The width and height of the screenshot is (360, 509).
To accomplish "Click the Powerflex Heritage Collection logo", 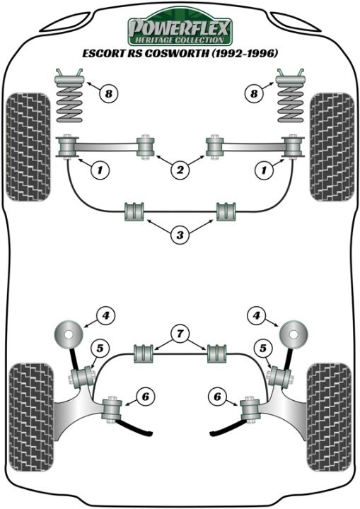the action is pos(180,28).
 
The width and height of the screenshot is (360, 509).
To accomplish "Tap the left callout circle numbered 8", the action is pos(108,94).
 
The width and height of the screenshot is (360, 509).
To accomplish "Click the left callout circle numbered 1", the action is pos(100,170).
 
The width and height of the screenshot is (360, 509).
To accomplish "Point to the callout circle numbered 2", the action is pos(180,170).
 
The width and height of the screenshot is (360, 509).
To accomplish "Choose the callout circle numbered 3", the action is pos(180,235).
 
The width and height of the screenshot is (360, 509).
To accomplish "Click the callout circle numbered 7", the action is pos(180,334).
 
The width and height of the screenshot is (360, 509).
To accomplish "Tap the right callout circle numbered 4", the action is pos(257,315).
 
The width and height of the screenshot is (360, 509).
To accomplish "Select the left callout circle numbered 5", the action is pos(100,349).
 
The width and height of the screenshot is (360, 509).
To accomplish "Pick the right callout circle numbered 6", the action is pos(217,397).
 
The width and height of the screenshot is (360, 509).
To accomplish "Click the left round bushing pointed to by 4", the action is pos(68,334).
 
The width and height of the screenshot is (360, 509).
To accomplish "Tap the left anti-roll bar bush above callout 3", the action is pos(134,211).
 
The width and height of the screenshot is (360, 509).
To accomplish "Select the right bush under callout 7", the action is pos(217,354).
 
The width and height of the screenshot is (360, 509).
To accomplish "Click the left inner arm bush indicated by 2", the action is pos(145,147).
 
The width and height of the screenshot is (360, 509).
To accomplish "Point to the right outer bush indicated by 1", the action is pos(294,147).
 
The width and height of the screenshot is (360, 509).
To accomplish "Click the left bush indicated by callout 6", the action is pos(112,409).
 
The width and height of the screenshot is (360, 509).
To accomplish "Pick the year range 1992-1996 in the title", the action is pos(240,53).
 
